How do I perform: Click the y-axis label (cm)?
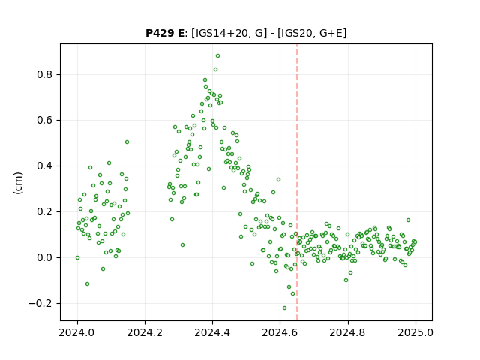click(x=18, y=183)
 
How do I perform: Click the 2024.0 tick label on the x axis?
click(x=77, y=332)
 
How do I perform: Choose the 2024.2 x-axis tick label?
click(x=145, y=332)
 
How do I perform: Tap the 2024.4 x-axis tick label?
click(x=212, y=332)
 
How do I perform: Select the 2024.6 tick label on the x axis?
click(x=280, y=332)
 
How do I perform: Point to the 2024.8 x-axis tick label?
click(x=348, y=332)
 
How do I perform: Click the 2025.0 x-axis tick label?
click(x=415, y=332)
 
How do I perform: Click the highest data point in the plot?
click(x=217, y=56)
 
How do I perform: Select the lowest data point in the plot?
click(x=284, y=308)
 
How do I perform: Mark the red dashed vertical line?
click(x=297, y=182)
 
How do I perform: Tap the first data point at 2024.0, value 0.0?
click(x=77, y=258)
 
